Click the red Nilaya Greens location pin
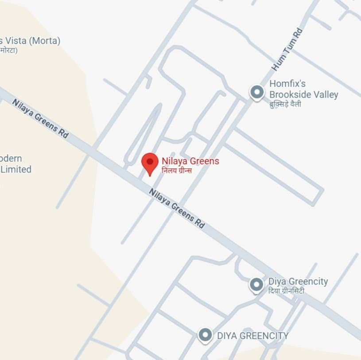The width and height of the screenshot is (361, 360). [x=150, y=162]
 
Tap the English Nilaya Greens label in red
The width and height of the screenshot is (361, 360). [x=190, y=161]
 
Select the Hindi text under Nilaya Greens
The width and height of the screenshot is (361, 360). [x=177, y=170]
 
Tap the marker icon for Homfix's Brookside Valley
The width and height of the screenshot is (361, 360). [x=257, y=92]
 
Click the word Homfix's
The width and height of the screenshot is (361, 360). [x=287, y=83]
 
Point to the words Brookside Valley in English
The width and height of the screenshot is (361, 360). [x=304, y=94]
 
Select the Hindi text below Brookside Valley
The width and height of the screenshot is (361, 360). [x=285, y=104]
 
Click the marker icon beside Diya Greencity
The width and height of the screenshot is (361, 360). [x=256, y=285]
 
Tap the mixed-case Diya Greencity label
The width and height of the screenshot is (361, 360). [x=298, y=282]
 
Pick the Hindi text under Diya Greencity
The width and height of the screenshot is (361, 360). [x=286, y=291]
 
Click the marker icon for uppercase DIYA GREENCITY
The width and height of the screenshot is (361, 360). [x=205, y=335]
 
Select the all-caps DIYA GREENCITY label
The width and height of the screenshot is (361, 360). [x=252, y=336]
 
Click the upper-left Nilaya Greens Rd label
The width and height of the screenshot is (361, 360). [x=40, y=118]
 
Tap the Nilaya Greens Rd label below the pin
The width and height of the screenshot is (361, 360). [x=177, y=208]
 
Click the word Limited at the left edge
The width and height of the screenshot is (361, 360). [x=16, y=169]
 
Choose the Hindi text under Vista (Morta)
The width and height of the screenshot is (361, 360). [x=8, y=50]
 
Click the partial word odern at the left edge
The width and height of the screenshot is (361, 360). [x=11, y=158]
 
